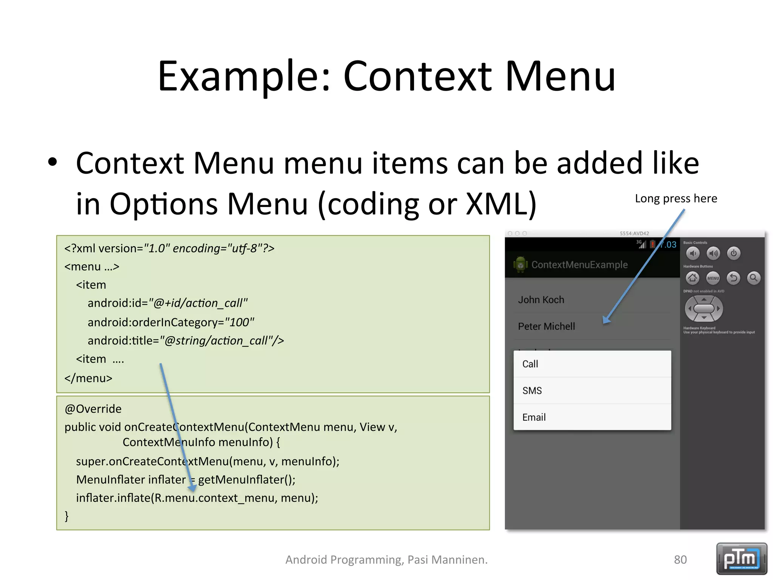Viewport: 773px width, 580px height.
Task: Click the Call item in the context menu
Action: point(592,364)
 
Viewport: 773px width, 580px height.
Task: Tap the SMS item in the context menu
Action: point(592,390)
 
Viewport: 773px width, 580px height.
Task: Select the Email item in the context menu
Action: point(592,417)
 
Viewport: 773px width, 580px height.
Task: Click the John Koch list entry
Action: point(541,300)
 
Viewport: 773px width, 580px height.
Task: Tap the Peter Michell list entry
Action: point(546,326)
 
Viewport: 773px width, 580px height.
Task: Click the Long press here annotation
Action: point(676,199)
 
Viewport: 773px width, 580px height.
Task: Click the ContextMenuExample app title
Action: point(579,265)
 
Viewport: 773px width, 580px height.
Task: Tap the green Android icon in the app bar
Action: point(520,265)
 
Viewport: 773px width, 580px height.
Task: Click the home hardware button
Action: point(692,278)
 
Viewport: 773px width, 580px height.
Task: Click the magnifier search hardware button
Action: point(753,278)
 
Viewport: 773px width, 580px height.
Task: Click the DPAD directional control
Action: point(704,309)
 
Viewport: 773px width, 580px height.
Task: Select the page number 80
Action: point(680,560)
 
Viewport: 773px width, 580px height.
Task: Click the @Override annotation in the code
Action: point(93,409)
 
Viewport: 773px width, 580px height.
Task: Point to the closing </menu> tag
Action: point(88,378)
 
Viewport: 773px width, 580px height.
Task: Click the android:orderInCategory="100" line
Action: point(171,322)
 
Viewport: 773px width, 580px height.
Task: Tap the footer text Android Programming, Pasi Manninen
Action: point(386,560)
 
